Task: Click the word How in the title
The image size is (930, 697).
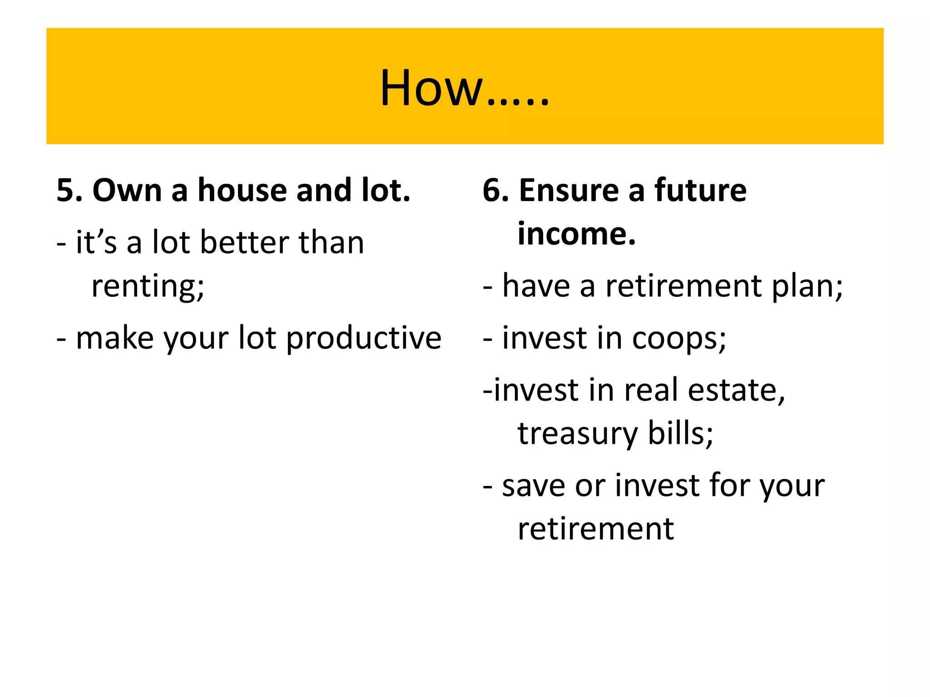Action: click(x=430, y=88)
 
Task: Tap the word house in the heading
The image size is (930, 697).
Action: click(x=242, y=190)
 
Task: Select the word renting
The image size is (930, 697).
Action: click(x=148, y=287)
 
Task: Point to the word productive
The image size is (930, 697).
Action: click(x=363, y=339)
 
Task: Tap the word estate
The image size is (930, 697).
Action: click(x=736, y=390)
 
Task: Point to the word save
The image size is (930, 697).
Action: click(x=533, y=486)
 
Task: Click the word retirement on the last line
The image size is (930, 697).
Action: click(x=595, y=529)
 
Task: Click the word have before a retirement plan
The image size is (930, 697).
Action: click(x=536, y=287)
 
